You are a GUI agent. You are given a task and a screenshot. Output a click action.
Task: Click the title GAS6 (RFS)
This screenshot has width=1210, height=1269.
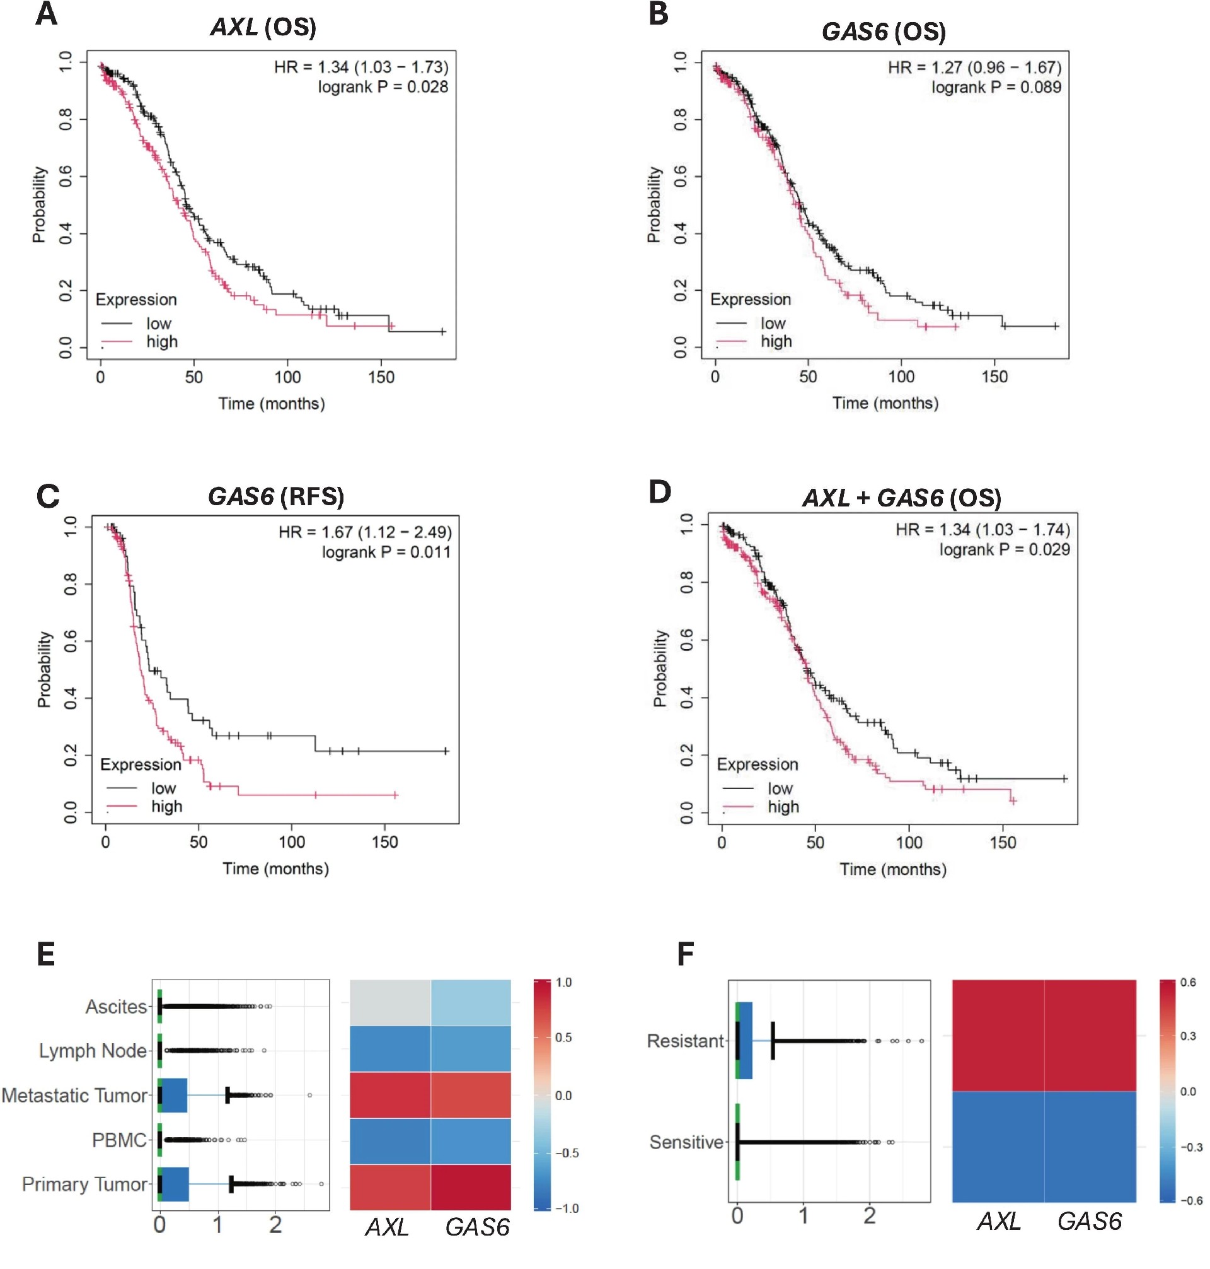(276, 496)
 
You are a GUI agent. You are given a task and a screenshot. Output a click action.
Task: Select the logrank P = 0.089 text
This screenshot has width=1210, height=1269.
(996, 87)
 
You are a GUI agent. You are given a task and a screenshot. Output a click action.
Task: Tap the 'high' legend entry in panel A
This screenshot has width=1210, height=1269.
(161, 341)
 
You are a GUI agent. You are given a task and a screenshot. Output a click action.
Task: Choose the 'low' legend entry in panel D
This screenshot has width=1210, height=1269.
(780, 788)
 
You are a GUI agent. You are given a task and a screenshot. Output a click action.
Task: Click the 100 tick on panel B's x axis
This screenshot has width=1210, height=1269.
(901, 377)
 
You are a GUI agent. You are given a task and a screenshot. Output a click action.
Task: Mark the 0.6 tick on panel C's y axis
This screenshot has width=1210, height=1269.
(70, 641)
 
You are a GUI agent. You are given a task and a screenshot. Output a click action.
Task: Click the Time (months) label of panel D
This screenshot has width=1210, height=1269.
(892, 870)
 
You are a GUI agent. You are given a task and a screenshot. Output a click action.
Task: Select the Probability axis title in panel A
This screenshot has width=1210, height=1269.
(39, 204)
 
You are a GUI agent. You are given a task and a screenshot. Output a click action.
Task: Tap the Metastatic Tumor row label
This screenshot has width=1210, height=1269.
(75, 1096)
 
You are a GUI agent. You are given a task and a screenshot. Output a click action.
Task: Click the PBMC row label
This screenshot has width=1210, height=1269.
(120, 1140)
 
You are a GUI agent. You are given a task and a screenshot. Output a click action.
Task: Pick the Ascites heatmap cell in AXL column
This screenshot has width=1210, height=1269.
(390, 1002)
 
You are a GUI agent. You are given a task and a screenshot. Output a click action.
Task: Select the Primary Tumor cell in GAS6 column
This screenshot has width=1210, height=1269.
(471, 1187)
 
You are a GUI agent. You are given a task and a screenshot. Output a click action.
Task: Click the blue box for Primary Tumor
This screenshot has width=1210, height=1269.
(175, 1184)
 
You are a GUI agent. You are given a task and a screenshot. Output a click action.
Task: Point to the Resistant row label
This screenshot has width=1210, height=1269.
(686, 1041)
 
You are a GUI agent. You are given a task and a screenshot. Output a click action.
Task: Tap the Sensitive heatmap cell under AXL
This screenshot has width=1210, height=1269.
(998, 1147)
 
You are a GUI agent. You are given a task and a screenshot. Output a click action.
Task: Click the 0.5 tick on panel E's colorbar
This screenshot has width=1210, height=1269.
(563, 1038)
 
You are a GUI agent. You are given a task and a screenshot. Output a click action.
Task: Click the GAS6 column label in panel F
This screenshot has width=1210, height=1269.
(1090, 1221)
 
